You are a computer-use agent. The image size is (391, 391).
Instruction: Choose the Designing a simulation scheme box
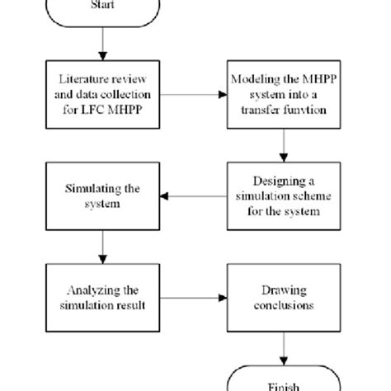pyautogui.click(x=284, y=196)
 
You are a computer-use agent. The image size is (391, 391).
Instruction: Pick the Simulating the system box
pyautogui.click(x=102, y=196)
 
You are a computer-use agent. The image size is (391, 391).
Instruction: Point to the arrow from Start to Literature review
pyautogui.click(x=102, y=45)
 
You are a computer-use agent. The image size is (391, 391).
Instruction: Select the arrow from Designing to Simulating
pyautogui.click(x=193, y=196)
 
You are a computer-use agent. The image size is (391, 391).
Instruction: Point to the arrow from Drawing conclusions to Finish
pyautogui.click(x=284, y=346)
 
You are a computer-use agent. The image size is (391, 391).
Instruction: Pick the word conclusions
pyautogui.click(x=283, y=305)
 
